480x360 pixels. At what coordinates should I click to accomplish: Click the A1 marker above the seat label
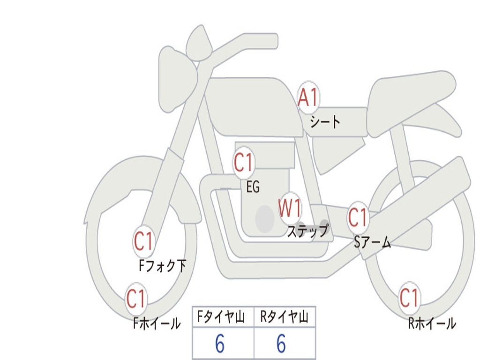308,97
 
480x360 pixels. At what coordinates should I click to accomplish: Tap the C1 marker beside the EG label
244,162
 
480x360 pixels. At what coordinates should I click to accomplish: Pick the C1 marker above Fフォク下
143,241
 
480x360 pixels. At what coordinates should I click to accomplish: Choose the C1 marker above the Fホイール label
136,299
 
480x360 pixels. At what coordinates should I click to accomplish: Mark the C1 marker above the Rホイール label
409,298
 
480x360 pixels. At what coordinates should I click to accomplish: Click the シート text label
325,122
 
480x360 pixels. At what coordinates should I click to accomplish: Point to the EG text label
253,187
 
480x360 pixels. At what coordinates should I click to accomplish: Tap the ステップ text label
308,231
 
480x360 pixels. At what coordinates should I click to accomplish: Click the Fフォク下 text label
163,265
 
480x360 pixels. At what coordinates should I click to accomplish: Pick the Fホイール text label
157,323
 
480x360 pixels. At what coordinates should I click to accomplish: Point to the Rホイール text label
432,323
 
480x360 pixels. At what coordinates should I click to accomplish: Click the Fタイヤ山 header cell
223,316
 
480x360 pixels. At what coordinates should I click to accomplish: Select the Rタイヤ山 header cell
285,316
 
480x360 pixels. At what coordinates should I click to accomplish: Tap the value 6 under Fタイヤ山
220,344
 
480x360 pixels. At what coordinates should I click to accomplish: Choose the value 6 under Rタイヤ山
281,344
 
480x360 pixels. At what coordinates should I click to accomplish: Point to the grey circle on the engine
265,219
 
